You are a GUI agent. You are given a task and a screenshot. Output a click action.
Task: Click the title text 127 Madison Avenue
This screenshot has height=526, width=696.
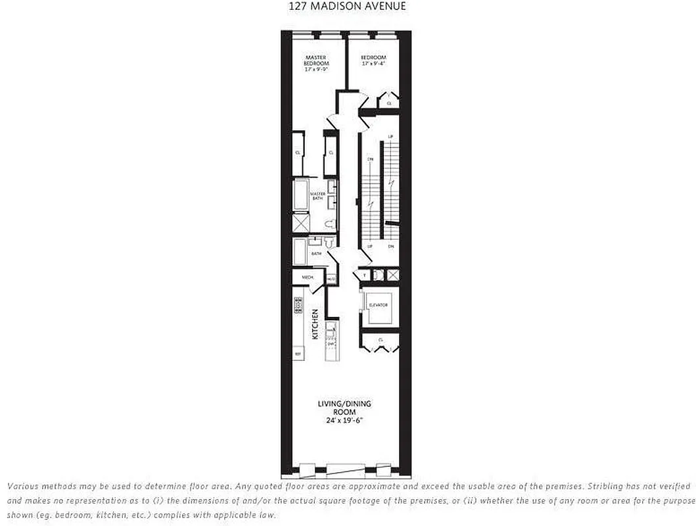[347, 7]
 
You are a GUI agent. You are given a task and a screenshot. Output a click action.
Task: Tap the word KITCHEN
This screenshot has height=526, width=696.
[315, 323]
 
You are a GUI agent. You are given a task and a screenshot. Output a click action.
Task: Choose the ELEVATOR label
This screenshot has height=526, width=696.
[379, 306]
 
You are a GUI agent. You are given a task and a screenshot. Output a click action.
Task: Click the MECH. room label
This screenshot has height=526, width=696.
[307, 278]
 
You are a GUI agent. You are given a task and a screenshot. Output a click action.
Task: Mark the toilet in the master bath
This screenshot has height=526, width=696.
[331, 222]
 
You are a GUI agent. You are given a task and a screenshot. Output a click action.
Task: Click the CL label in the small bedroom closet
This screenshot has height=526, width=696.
[389, 104]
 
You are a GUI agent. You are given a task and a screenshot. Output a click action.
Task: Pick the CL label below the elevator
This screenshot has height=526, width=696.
[381, 340]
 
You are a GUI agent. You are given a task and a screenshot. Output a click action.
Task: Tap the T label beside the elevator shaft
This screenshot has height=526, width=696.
[365, 275]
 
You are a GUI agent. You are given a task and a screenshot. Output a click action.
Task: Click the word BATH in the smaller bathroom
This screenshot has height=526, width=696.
[316, 253]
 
